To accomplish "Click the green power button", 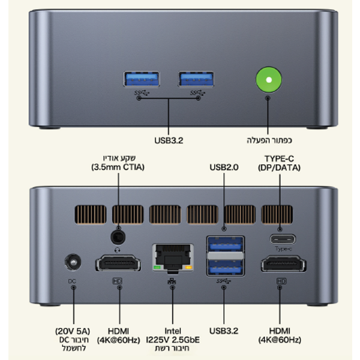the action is click(x=269, y=80).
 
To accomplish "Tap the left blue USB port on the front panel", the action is click(x=142, y=79).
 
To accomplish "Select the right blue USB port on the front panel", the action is click(x=196, y=79).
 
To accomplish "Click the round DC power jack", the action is click(x=73, y=262).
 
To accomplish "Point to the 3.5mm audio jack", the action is click(x=118, y=237).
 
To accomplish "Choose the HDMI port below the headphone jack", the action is click(x=118, y=263).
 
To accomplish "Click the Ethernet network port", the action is click(x=173, y=258).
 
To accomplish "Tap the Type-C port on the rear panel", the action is click(x=283, y=239).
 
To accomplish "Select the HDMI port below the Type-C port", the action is click(x=284, y=263).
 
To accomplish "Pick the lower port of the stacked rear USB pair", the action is click(x=226, y=267).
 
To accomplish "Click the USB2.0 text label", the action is click(x=224, y=167).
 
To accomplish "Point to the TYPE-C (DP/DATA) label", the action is click(x=279, y=163).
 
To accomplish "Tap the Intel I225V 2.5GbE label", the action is click(x=173, y=335).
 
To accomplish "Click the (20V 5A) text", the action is click(x=73, y=331).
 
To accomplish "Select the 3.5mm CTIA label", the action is click(x=118, y=167).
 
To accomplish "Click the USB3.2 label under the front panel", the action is click(x=169, y=140).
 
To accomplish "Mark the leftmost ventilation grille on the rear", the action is click(x=91, y=214).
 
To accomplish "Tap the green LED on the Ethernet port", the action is click(x=157, y=267).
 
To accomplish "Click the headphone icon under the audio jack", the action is click(x=118, y=250).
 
